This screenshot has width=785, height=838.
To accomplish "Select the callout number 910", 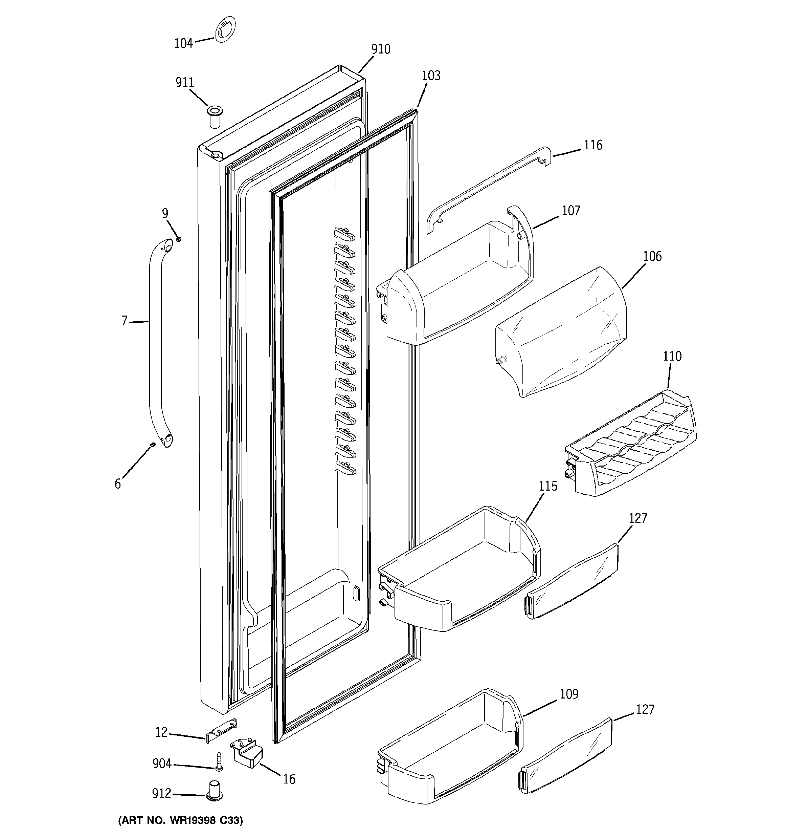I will (381, 49).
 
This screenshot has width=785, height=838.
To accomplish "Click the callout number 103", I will (431, 76).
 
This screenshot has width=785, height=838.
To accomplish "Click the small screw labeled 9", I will (179, 239).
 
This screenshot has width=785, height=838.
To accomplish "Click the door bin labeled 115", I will (459, 573).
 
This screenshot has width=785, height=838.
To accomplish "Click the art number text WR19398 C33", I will (180, 820).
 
